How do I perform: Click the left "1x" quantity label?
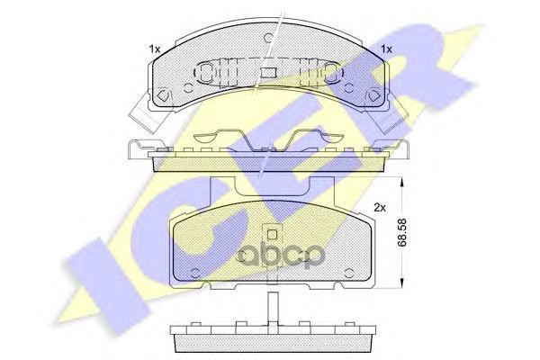click(x=155, y=49)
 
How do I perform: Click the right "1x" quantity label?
click(x=386, y=49)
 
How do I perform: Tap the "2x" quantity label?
click(x=380, y=208)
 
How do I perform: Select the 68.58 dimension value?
click(x=401, y=232)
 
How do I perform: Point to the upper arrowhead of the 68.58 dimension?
click(x=401, y=182)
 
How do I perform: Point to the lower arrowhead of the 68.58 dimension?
click(x=401, y=283)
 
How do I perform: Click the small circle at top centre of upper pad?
click(x=269, y=37)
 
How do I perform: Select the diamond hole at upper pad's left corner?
click(x=162, y=94)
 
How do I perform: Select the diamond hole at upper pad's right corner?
click(x=373, y=95)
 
